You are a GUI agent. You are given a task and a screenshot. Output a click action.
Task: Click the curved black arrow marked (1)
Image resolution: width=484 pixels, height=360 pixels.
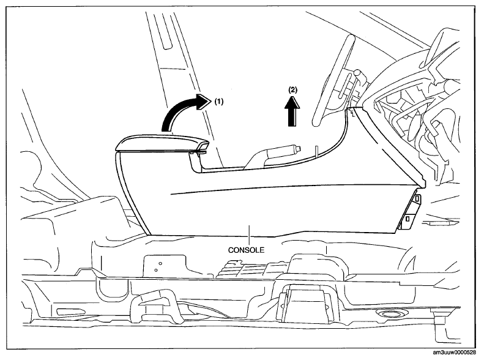tap(177, 110)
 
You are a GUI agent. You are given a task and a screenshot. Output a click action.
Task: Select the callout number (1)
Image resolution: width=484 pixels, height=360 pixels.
tap(218, 101)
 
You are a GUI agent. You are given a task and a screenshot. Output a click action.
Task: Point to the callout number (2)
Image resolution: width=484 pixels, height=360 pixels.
tap(292, 90)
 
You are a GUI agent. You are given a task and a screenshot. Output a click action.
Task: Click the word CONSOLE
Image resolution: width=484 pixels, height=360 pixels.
tap(247, 250)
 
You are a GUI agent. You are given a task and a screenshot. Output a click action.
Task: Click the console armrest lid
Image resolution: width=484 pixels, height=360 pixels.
tap(162, 143)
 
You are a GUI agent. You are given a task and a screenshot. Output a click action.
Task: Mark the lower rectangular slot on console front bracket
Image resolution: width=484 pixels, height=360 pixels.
tap(408, 219)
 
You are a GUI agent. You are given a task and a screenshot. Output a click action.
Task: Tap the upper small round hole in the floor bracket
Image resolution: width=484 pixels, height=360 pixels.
tap(160, 263)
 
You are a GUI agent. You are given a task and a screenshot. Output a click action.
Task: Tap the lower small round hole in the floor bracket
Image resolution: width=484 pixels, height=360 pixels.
tap(156, 270)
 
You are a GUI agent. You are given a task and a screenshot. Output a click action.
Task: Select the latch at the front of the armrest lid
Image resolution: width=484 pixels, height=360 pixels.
tap(201, 148)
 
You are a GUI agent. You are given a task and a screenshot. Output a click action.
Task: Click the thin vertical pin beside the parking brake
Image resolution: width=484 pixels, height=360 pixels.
tap(316, 151)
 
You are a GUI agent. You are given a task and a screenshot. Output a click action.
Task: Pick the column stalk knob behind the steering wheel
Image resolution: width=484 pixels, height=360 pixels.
tap(357, 74)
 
